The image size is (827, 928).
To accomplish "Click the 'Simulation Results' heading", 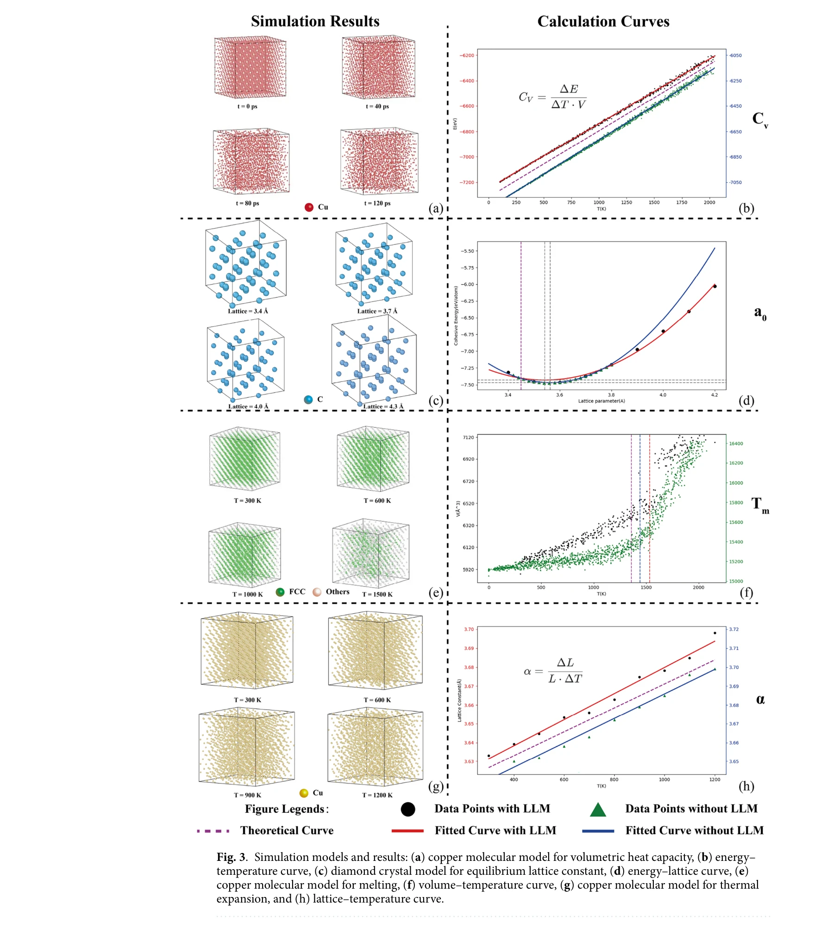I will point(315,21).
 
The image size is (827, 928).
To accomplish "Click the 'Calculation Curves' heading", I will point(603,21).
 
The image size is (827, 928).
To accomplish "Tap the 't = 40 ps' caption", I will point(377,106).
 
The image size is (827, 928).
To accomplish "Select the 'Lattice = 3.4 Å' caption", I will point(248,311).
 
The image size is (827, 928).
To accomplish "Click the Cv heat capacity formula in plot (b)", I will point(552,96).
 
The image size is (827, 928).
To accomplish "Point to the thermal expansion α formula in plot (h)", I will point(553,671).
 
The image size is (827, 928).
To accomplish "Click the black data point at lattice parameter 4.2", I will point(714,286).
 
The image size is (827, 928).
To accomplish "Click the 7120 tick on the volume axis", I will point(468,437).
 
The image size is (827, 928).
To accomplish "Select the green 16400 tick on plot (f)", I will point(736,443).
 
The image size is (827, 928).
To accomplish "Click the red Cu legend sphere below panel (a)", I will point(309,207).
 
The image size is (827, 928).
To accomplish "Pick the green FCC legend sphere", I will point(280,592).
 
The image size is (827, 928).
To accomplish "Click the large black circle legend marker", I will point(407,809).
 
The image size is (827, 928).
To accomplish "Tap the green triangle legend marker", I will point(598,810).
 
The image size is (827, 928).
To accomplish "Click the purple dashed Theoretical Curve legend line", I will point(213,831).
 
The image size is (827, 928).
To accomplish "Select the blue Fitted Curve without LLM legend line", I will point(598,831).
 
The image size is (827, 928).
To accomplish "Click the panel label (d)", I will point(746,400).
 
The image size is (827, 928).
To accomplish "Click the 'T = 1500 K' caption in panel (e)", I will point(377,594).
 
